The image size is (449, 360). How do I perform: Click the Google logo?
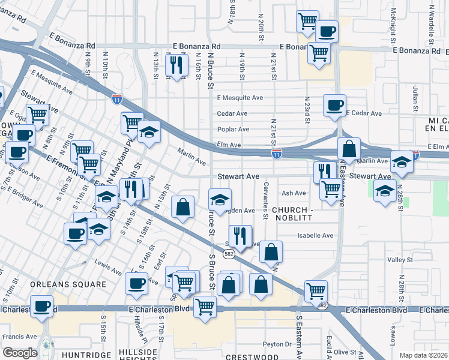[x=19, y=352]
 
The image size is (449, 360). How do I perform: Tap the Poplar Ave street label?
[x=233, y=129]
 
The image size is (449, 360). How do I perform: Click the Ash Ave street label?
[x=294, y=193]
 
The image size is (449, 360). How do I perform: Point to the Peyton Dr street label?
[x=277, y=344]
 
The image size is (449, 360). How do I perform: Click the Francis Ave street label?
[x=19, y=337]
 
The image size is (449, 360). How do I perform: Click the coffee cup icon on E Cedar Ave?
[x=335, y=105]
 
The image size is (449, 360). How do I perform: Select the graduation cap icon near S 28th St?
[x=384, y=191]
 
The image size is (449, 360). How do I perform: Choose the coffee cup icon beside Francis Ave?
[x=42, y=306]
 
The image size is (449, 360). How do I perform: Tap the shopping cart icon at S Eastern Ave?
[x=315, y=291]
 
